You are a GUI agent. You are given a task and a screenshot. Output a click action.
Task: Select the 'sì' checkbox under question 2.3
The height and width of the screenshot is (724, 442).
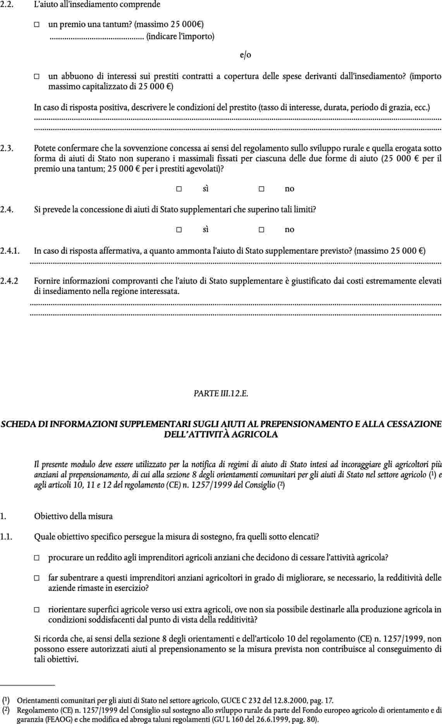[179, 189]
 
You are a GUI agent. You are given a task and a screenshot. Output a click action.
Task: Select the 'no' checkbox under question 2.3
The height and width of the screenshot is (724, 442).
[261, 189]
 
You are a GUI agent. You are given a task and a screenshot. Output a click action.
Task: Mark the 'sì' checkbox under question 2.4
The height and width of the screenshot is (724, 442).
[179, 230]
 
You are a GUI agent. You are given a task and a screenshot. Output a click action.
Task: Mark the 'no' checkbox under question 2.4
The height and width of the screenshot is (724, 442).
[261, 230]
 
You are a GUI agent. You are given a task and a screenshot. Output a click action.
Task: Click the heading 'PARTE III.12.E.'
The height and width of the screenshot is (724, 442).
[221, 394]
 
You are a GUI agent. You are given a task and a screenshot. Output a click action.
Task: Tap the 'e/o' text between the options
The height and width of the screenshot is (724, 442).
[246, 55]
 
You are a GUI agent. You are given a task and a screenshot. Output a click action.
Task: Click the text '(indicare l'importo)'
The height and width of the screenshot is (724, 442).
[181, 36]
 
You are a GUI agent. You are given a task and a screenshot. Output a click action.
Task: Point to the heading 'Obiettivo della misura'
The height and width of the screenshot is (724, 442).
[73, 516]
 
